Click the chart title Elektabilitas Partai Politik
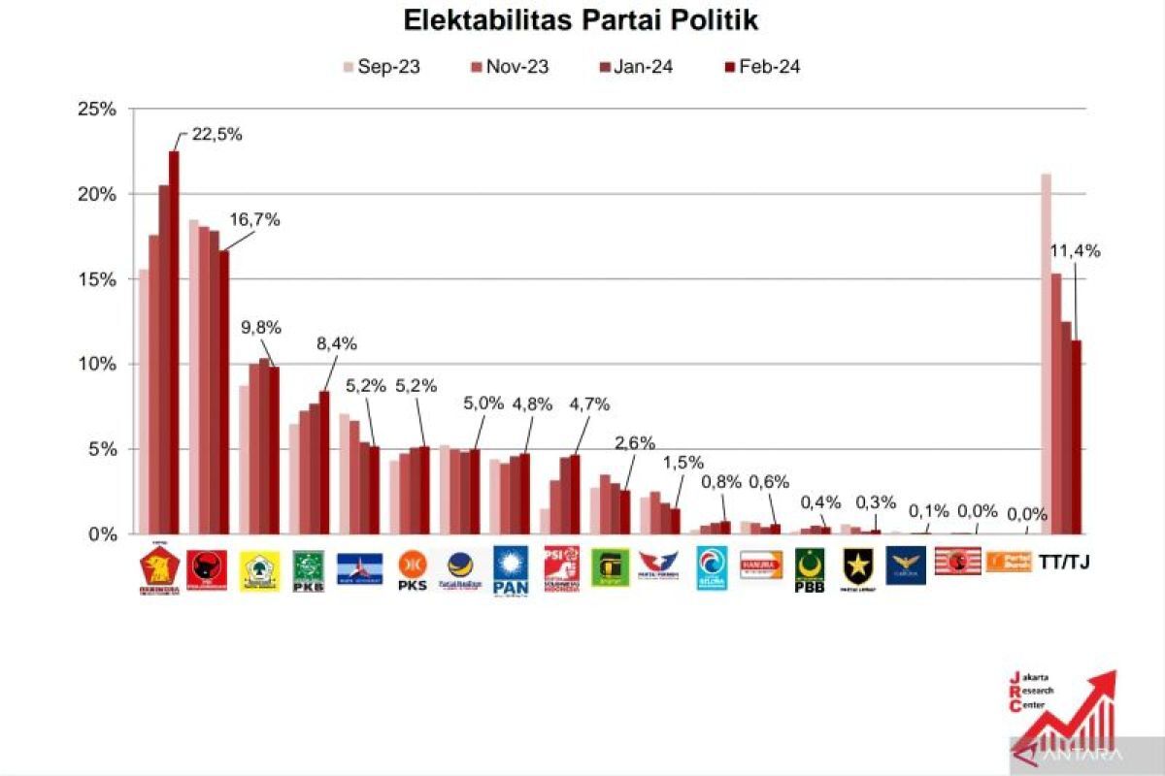click(x=581, y=19)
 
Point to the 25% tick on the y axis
click(x=96, y=110)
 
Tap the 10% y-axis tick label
click(x=96, y=365)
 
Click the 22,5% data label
click(x=216, y=135)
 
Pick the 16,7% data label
click(x=254, y=220)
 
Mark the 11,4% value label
click(x=1075, y=251)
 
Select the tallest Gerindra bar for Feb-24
click(x=174, y=342)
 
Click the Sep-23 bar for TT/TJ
click(x=1046, y=354)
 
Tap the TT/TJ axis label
click(x=1064, y=562)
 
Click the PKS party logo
click(x=413, y=570)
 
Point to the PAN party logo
click(x=511, y=570)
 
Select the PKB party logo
click(x=309, y=570)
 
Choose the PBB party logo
click(x=810, y=570)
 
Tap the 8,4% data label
click(x=337, y=343)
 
